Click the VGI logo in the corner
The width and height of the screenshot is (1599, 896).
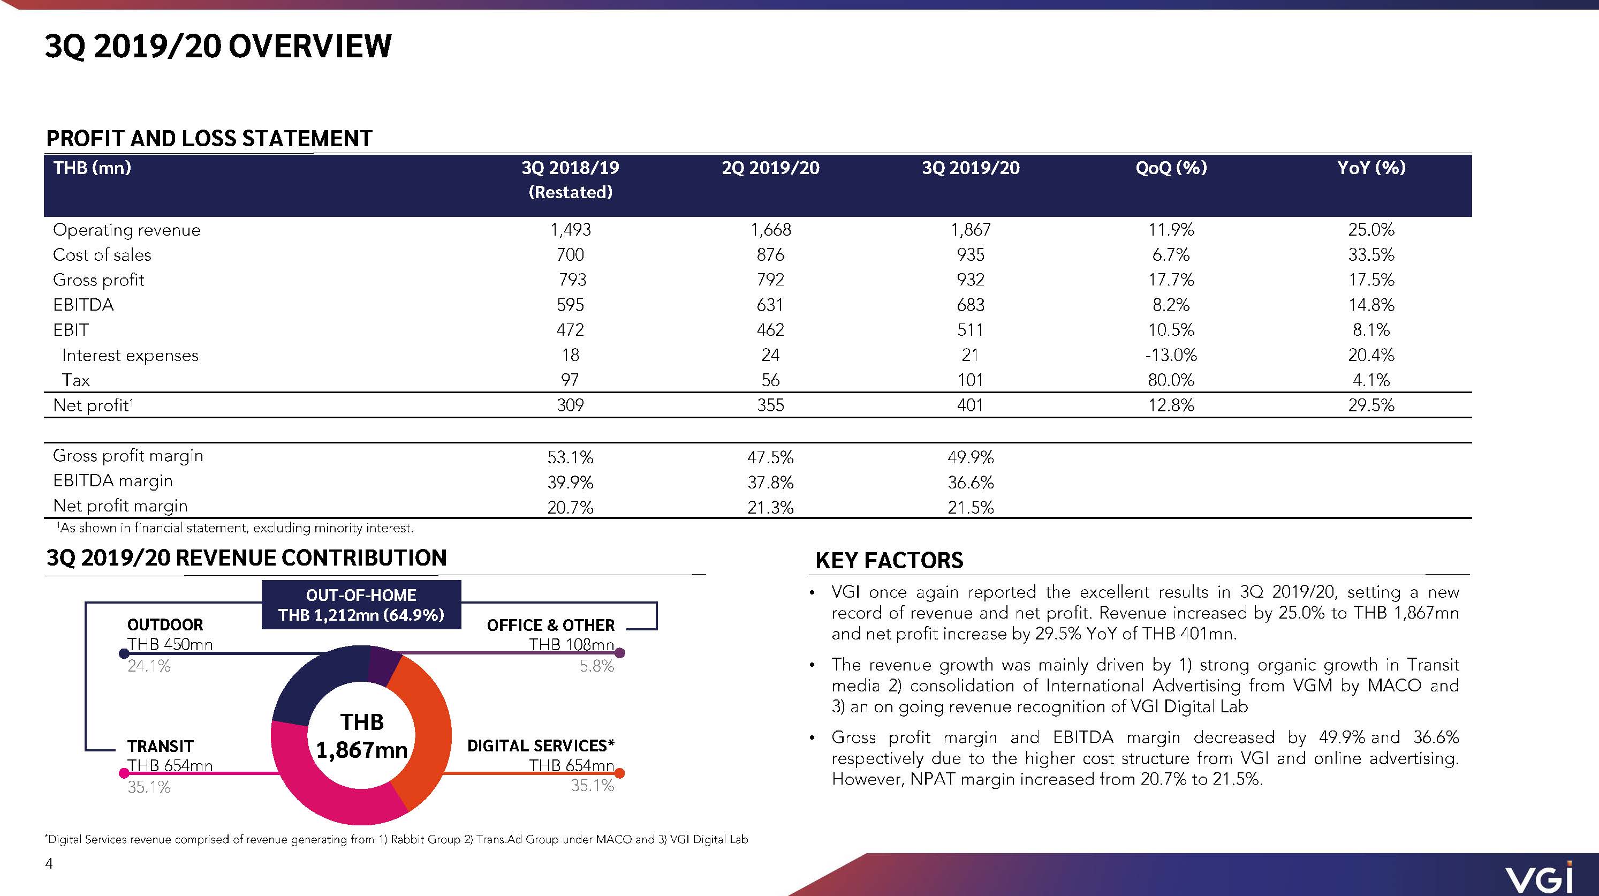click(x=1539, y=877)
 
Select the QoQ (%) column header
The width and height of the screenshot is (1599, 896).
click(x=1171, y=168)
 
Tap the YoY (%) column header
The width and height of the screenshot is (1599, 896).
click(x=1371, y=168)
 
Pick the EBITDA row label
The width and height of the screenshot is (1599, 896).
click(x=83, y=305)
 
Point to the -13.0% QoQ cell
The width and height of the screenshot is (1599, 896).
click(x=1171, y=355)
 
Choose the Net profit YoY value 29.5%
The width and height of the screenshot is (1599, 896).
click(x=1371, y=405)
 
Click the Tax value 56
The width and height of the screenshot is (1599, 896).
click(x=770, y=380)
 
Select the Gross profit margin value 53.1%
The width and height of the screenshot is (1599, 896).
click(x=570, y=457)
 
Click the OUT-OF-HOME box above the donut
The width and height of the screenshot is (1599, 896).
click(x=361, y=605)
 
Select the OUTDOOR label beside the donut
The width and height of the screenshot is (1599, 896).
click(x=165, y=624)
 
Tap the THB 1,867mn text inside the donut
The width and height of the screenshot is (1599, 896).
click(x=362, y=736)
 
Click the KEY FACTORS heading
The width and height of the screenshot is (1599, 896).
click(x=889, y=561)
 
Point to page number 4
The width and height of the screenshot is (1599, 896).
click(x=49, y=863)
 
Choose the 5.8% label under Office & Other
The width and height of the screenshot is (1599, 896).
click(x=596, y=666)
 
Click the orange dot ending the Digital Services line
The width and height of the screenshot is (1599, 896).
click(x=619, y=773)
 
